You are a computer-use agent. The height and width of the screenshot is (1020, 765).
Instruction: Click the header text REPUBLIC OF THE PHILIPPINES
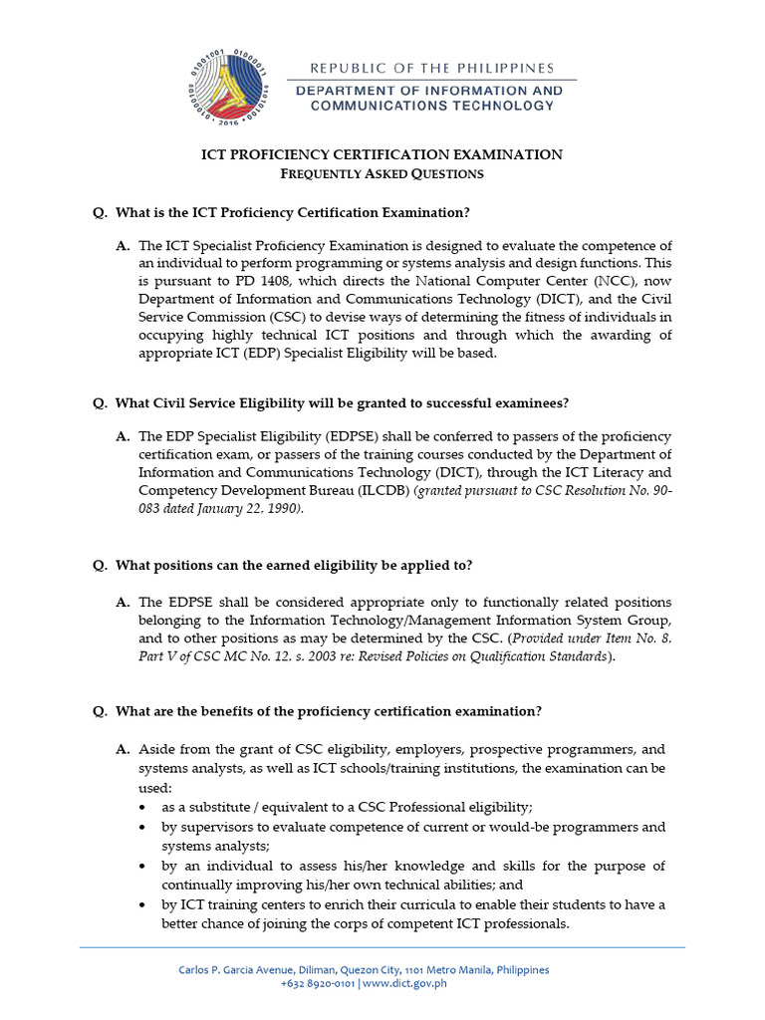coord(431,69)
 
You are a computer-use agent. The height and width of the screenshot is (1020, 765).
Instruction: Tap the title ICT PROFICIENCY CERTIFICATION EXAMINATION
coord(382,154)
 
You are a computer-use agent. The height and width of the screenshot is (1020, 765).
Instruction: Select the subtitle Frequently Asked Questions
coord(382,173)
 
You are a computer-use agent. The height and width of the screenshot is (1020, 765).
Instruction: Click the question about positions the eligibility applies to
coord(294,565)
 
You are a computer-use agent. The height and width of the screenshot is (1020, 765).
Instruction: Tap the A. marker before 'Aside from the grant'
coord(123,748)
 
